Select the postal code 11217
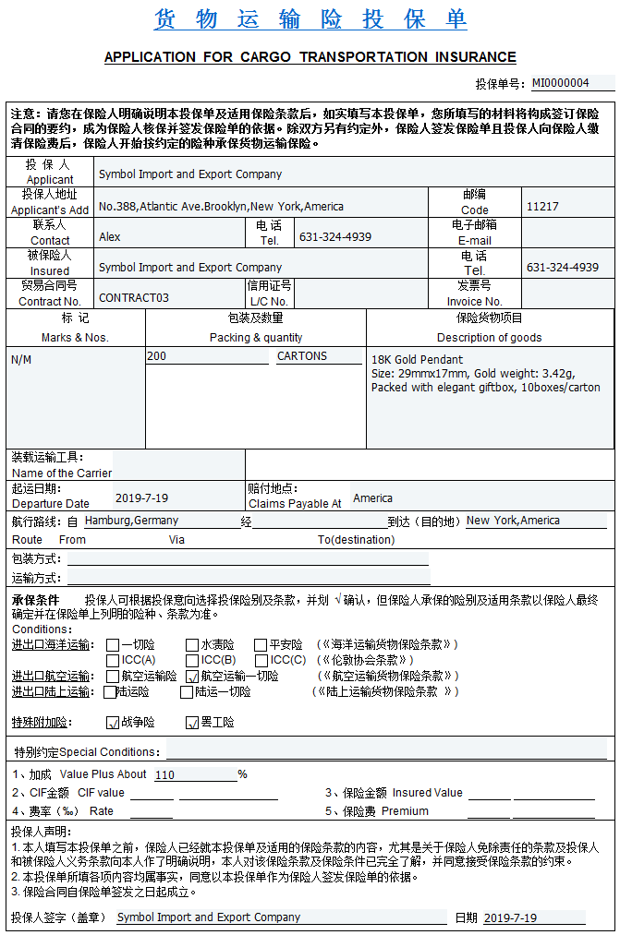542,207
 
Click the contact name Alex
110,237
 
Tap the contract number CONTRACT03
134,298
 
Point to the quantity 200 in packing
157,356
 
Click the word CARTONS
302,356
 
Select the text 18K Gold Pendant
417,360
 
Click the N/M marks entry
21,360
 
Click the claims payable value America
372,498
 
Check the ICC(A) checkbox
113,660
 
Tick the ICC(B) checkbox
192,660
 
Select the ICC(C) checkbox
261,660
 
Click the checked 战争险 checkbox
113,723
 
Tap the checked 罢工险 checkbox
192,723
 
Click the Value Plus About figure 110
165,775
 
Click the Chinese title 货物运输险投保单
310,19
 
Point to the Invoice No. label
475,302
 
